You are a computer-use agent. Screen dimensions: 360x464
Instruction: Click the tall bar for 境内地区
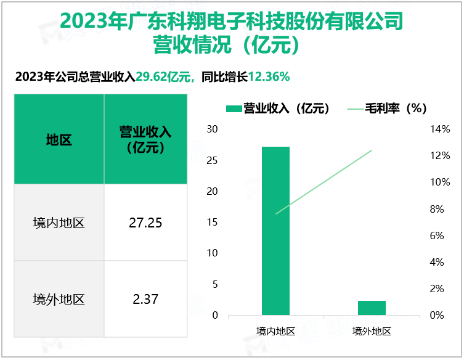tap(275, 231)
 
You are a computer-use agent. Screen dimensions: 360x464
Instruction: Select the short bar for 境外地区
tap(372, 308)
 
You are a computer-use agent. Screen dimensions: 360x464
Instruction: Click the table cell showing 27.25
tap(145, 223)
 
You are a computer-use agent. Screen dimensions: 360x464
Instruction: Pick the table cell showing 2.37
tap(145, 300)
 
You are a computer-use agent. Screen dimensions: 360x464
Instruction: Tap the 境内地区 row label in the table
tap(59, 223)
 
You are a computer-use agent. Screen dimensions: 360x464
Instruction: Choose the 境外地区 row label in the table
tap(59, 300)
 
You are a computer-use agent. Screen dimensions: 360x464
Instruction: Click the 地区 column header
tap(59, 140)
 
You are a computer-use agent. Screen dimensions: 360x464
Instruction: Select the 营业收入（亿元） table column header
tap(145, 140)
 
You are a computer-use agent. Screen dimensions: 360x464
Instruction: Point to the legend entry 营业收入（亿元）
tap(279, 108)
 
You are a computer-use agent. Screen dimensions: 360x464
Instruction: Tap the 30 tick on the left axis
tap(212, 129)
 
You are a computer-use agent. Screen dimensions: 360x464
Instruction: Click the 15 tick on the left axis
tap(212, 223)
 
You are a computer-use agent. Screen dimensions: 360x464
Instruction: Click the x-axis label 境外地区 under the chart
tap(372, 331)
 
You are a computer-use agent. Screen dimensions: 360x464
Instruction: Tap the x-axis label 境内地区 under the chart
tap(275, 331)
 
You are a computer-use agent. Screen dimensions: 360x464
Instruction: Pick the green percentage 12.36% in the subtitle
tap(269, 77)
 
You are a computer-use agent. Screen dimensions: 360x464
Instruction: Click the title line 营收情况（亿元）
tap(231, 45)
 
